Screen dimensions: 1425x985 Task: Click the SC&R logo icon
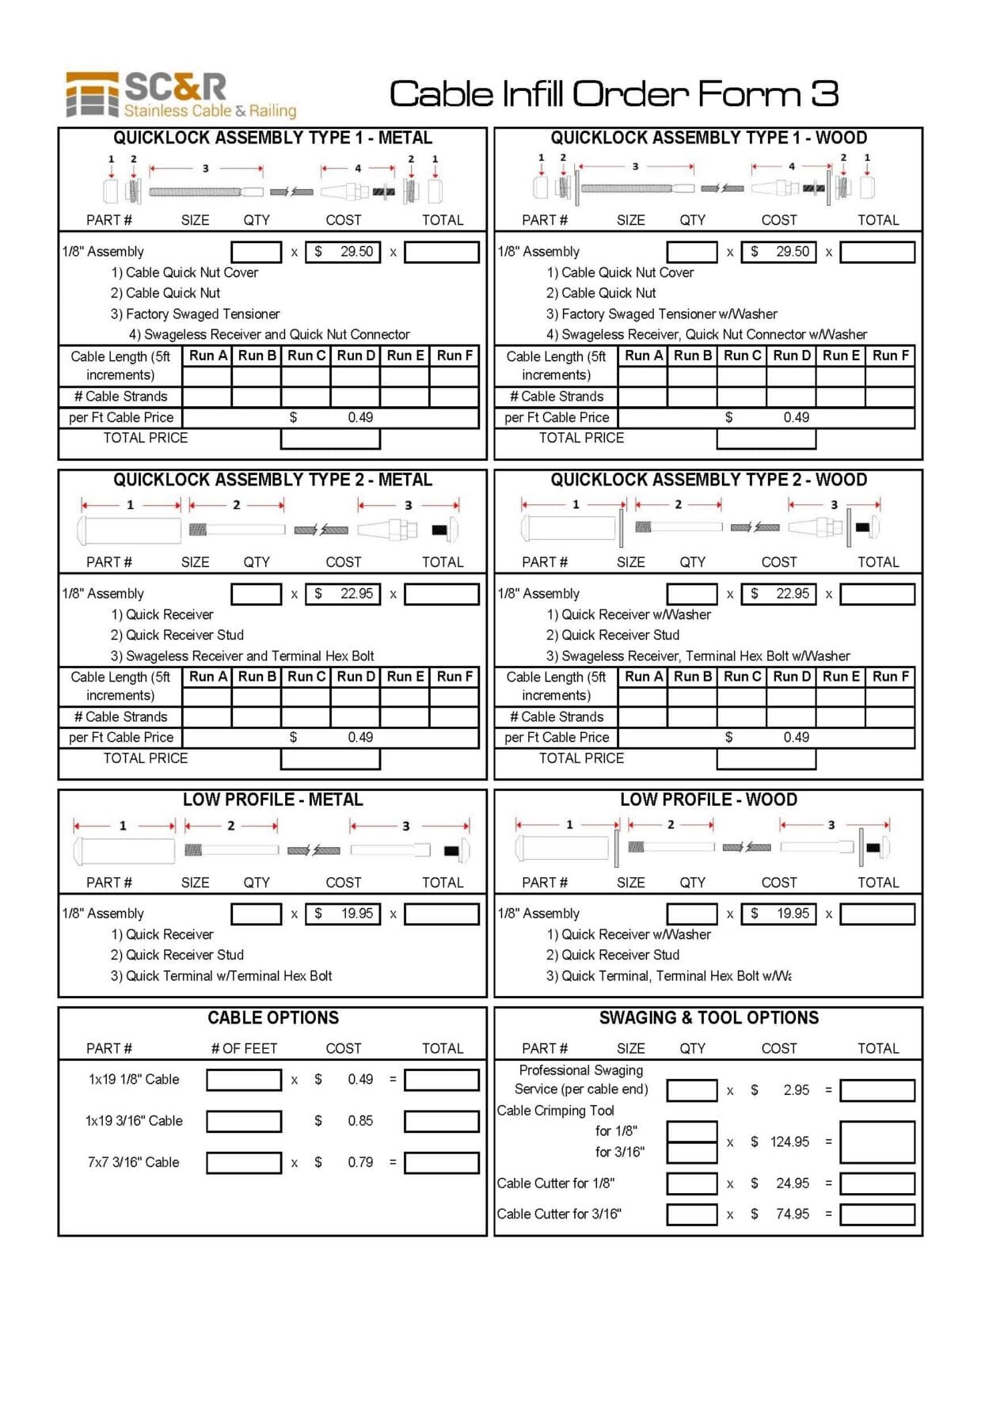[x=93, y=95]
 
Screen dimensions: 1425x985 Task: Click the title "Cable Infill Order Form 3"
[x=614, y=93]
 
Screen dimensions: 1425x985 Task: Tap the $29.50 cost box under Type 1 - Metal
[x=343, y=252]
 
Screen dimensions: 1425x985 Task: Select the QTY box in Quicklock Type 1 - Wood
[x=691, y=252]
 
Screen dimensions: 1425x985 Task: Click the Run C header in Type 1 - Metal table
[x=306, y=355]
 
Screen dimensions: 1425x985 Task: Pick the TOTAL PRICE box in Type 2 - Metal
[x=330, y=759]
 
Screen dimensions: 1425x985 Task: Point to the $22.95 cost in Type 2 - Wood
[x=778, y=594]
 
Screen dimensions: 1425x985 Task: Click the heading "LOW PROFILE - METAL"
[x=272, y=800]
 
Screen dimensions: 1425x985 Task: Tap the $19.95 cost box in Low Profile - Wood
[x=778, y=914]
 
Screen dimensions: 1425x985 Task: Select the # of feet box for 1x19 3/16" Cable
[x=244, y=1121]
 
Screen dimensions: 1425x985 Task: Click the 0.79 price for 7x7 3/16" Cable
[x=360, y=1162]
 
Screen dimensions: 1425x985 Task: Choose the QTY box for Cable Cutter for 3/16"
[x=691, y=1214]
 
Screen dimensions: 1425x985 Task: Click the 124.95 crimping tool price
[x=789, y=1142]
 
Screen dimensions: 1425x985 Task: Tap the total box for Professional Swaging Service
[x=877, y=1090]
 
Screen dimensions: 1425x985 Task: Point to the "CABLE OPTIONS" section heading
[x=272, y=1018]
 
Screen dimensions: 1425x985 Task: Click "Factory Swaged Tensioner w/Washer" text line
[x=661, y=314]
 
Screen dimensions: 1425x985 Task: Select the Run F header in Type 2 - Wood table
[x=890, y=677]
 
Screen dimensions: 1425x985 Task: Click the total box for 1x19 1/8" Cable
[x=441, y=1080]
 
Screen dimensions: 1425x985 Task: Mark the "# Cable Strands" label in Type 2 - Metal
[x=120, y=717]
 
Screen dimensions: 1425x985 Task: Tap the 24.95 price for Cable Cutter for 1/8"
[x=792, y=1184]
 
